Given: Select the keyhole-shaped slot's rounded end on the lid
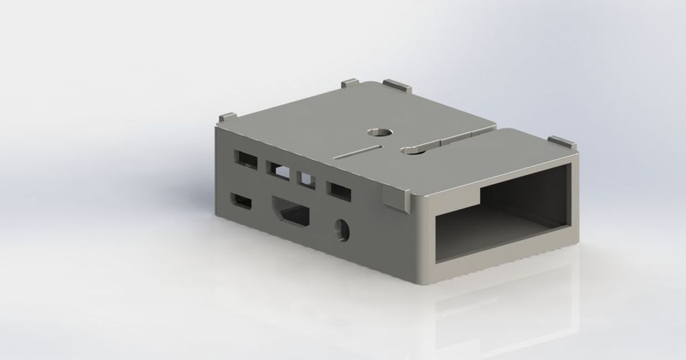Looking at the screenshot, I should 409,150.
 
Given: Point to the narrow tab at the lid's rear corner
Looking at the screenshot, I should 350,85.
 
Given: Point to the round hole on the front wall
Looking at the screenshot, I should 343,230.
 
